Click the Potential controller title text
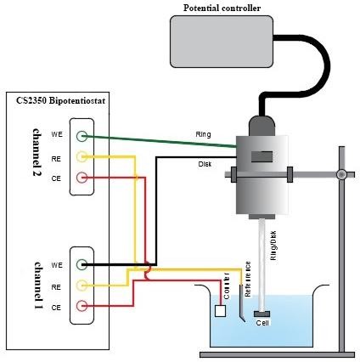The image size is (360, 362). pos(222,8)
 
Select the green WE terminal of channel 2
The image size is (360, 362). pos(82,136)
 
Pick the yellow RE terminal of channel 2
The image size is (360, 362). pos(82,156)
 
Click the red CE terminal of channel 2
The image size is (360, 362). pos(82,178)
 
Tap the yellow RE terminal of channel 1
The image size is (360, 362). pos(82,285)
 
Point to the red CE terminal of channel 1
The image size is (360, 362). pos(82,306)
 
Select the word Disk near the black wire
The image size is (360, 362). pos(205,165)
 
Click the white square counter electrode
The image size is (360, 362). pos(220,310)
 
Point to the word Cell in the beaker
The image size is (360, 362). pos(263,324)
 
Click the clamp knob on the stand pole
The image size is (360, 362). pos(340,174)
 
